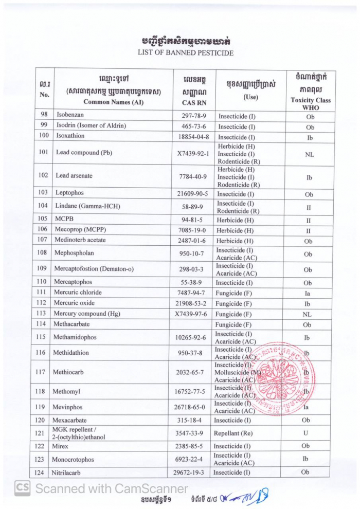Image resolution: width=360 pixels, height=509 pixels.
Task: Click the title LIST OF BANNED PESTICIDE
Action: (185, 52)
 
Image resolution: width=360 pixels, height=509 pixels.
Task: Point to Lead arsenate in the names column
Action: (74, 176)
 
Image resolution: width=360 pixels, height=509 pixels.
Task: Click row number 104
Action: (43, 207)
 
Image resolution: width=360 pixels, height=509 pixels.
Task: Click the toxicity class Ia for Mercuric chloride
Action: (308, 293)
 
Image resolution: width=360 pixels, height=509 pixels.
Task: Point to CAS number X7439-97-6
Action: (190, 314)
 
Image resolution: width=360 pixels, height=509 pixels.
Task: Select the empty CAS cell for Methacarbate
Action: (190, 324)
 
